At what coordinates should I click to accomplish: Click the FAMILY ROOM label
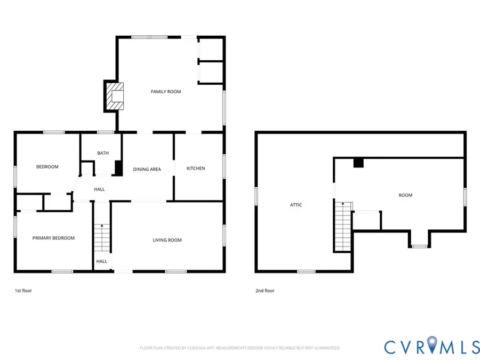(166, 92)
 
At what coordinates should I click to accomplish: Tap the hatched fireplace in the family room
(114, 95)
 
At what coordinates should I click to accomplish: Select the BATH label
(103, 154)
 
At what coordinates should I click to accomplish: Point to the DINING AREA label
(147, 170)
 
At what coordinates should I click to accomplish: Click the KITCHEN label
(196, 169)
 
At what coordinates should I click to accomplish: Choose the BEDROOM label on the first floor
(47, 167)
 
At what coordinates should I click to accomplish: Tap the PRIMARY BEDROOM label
(53, 238)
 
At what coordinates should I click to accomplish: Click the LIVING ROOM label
(167, 240)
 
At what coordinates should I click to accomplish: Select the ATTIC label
(296, 205)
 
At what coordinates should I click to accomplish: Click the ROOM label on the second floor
(405, 195)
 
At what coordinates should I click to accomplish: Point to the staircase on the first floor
(101, 238)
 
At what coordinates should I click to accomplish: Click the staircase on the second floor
(343, 226)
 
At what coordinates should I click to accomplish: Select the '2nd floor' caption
(265, 291)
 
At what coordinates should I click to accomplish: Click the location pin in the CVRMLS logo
(431, 345)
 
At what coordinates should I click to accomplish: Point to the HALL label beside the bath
(99, 189)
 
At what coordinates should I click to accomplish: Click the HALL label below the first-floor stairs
(101, 261)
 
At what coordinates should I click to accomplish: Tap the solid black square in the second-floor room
(358, 163)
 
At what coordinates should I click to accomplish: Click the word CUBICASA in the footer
(195, 348)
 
